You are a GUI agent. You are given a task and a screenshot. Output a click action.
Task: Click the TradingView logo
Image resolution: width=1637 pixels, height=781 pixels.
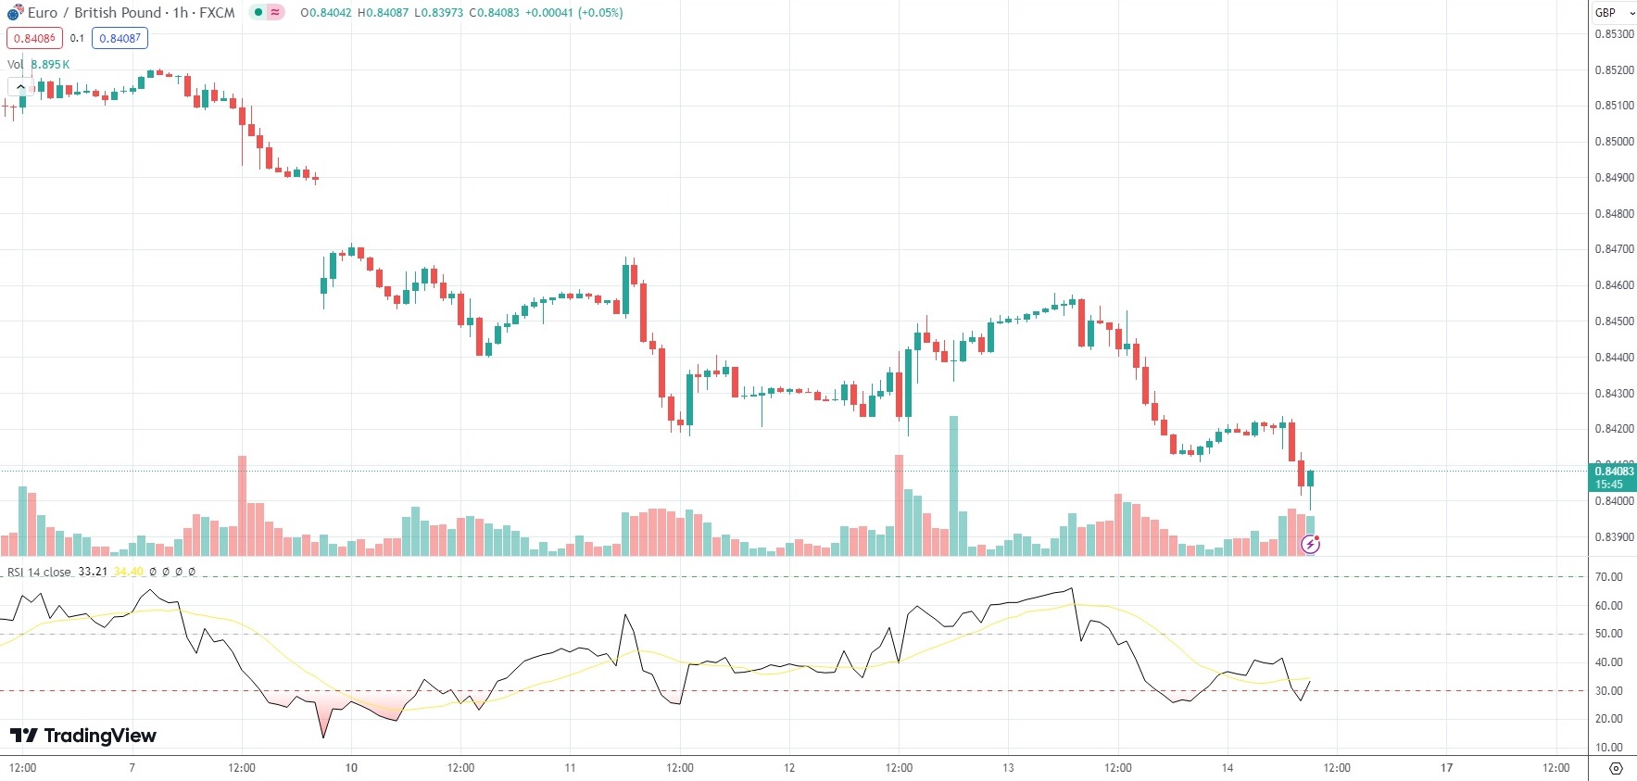point(83,736)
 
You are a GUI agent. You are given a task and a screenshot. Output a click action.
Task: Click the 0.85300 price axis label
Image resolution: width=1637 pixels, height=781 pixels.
point(1614,34)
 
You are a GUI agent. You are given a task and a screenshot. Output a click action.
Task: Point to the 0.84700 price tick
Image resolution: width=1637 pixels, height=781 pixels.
point(1614,249)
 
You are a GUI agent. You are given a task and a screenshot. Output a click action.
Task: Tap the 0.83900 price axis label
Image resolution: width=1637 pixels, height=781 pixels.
point(1614,537)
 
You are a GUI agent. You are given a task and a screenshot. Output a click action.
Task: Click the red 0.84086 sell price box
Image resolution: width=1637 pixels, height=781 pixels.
point(35,39)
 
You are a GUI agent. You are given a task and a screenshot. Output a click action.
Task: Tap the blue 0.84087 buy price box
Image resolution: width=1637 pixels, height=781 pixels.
point(120,39)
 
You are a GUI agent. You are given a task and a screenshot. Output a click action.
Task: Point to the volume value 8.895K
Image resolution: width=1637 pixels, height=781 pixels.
point(50,65)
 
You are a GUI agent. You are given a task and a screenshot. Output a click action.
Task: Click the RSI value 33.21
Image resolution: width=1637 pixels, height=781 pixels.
point(93,572)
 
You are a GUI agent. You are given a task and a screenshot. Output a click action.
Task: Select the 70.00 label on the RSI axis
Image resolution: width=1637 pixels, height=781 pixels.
point(1608,577)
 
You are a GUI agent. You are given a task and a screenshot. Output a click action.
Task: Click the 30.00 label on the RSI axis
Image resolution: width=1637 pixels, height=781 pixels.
point(1608,691)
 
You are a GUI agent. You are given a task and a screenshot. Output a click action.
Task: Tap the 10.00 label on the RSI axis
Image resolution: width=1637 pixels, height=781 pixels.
point(1608,748)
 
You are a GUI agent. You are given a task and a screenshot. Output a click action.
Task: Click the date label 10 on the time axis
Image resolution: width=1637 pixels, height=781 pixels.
point(351,768)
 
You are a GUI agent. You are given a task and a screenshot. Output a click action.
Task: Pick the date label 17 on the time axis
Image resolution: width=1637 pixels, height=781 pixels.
point(1446,768)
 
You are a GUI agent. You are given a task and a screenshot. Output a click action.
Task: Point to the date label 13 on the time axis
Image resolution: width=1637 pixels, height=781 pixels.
point(1008,768)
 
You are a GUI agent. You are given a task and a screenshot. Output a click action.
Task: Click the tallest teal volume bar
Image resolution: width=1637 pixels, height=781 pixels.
point(953,486)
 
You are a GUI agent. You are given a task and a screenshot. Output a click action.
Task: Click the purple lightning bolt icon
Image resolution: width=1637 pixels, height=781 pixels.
point(1310,545)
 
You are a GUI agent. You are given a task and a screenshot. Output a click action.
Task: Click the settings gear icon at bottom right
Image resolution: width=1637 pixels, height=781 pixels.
point(1616,769)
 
